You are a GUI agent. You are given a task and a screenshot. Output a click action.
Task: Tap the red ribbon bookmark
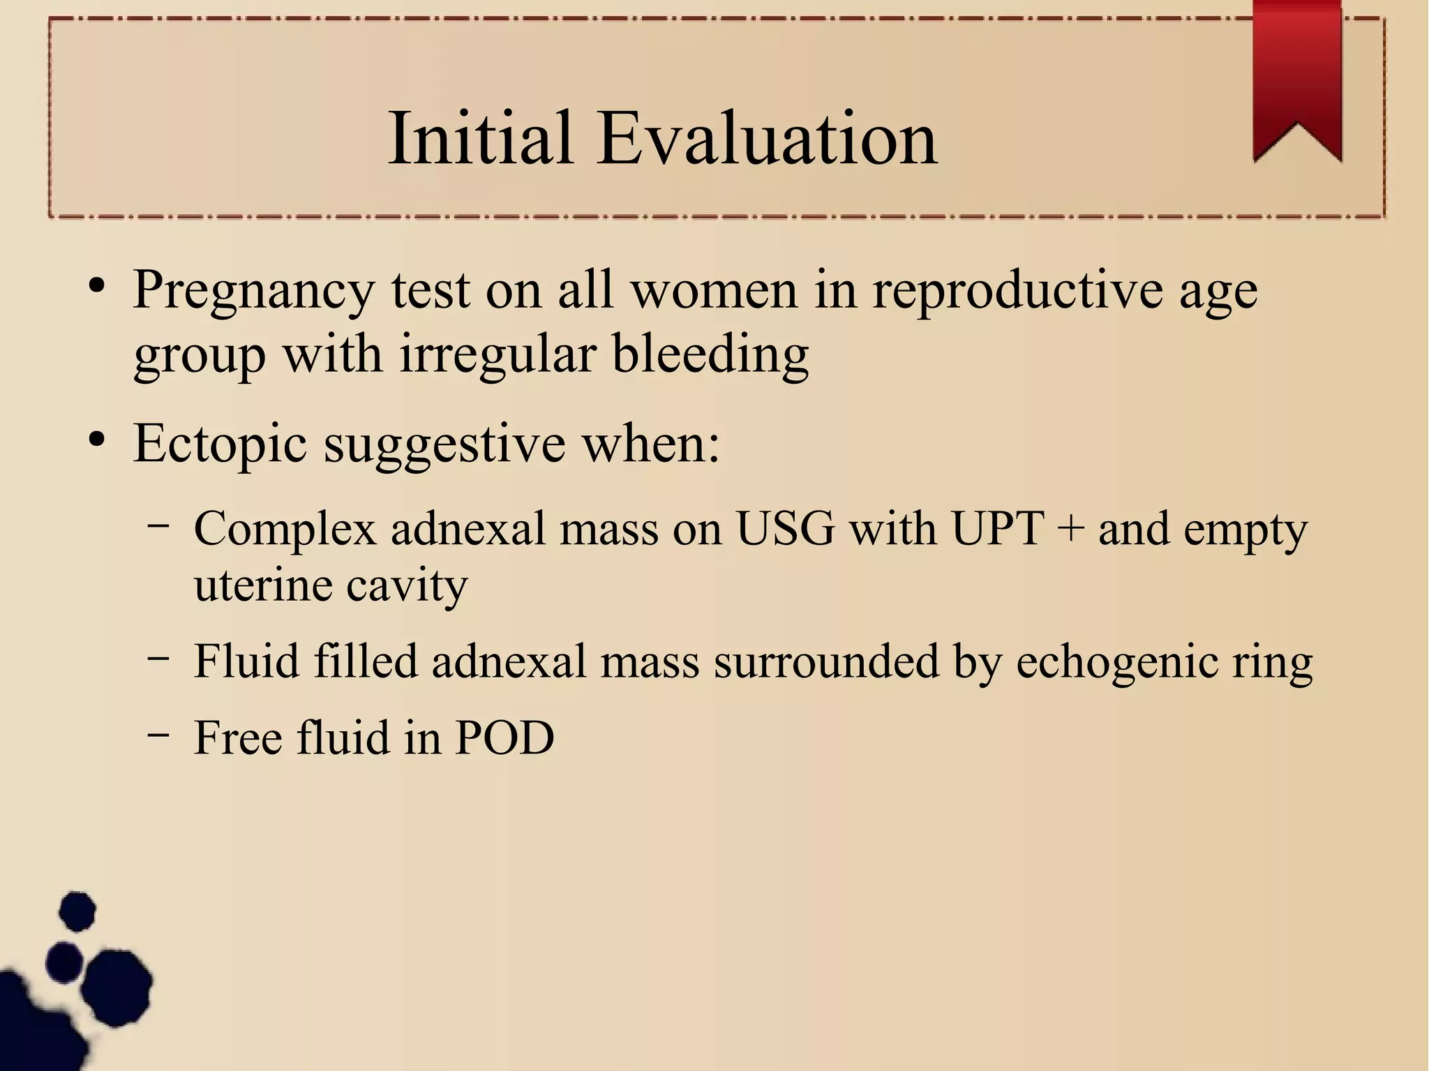point(1296,77)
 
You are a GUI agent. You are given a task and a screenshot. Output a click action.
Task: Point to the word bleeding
point(710,354)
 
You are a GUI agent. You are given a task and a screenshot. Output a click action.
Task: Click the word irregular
point(498,354)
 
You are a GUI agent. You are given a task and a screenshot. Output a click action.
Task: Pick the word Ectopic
point(220,444)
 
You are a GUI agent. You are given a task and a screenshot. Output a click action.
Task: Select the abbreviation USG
point(785,529)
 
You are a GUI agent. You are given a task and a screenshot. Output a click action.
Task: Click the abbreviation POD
point(504,737)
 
